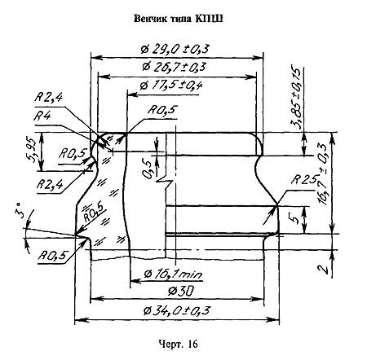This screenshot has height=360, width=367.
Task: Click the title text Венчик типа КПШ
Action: [179, 19]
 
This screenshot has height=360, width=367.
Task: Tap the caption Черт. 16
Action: [178, 345]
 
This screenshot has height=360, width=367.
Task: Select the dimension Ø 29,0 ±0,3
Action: [175, 49]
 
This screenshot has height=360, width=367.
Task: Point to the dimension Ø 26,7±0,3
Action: [174, 67]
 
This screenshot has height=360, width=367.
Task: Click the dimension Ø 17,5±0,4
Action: [171, 86]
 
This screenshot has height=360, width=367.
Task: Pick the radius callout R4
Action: [42, 116]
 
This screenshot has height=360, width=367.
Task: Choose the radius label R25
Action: [305, 179]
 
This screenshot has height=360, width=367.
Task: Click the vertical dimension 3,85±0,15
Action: [296, 97]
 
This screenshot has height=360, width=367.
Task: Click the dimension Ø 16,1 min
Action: [173, 274]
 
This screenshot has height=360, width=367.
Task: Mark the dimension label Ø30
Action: [181, 292]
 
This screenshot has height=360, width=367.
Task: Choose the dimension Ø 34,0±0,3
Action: [177, 310]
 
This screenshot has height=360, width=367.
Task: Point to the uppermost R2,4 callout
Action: [48, 97]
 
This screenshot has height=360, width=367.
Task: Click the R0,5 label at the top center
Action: [162, 110]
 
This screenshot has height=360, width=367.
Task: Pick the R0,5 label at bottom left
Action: [52, 256]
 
